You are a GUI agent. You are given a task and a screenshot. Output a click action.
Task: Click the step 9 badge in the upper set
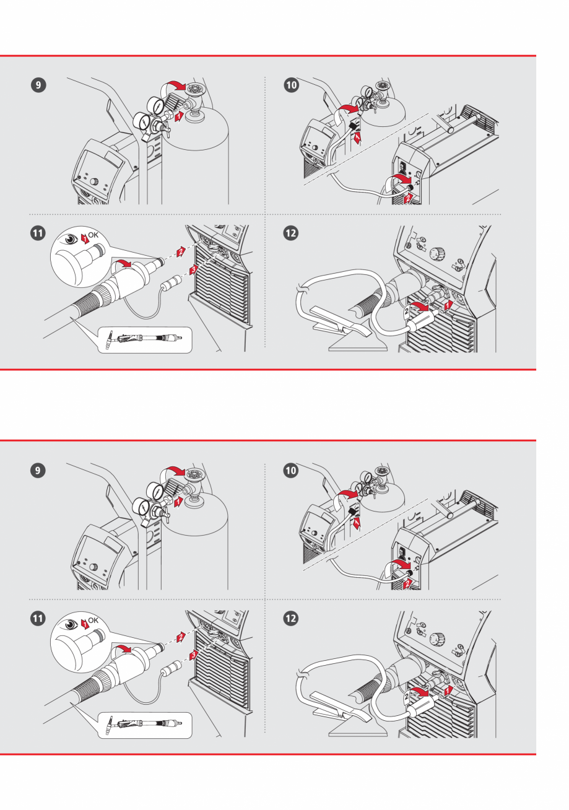pyautogui.click(x=38, y=84)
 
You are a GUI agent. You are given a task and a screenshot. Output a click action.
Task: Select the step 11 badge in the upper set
pyautogui.click(x=38, y=234)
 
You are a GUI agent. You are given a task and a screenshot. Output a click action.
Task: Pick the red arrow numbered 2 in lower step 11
pyautogui.click(x=180, y=637)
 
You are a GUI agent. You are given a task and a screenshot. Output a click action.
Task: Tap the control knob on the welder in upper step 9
pyautogui.click(x=93, y=182)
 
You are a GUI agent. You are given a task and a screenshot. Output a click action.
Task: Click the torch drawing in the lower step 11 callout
pyautogui.click(x=144, y=723)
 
